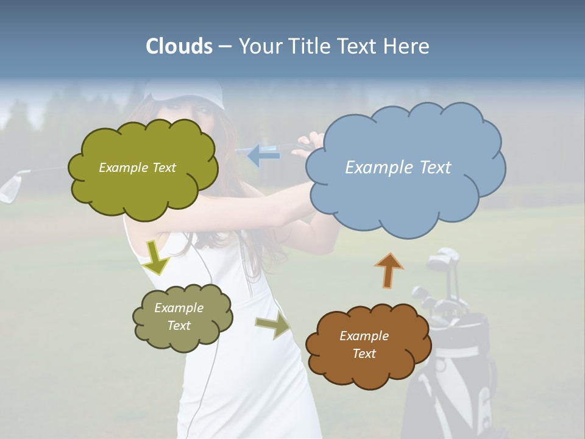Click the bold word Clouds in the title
(179, 46)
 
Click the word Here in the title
(408, 46)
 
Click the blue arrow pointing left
(264, 155)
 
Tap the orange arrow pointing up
(389, 270)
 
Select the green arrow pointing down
(156, 257)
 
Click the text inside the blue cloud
(398, 167)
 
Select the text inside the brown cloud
(364, 344)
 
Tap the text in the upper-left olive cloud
(137, 167)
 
